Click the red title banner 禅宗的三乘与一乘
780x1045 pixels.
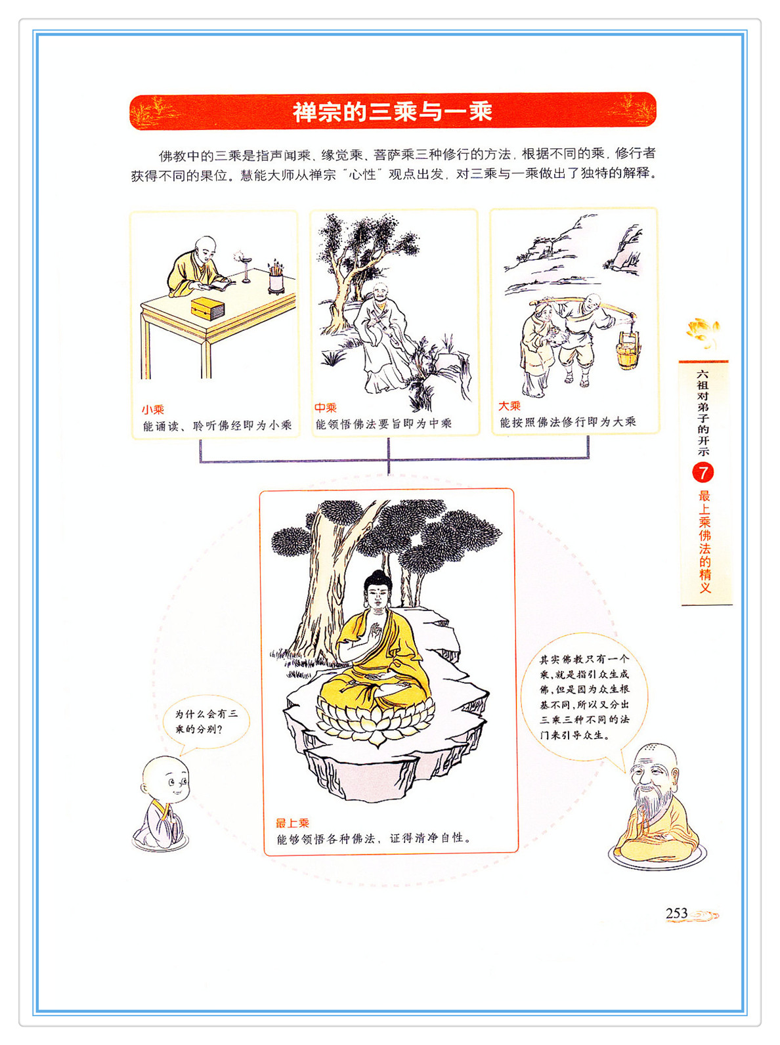click(x=393, y=111)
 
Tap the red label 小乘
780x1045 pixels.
click(x=152, y=410)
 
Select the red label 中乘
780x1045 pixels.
click(x=325, y=408)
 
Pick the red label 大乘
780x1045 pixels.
click(x=509, y=406)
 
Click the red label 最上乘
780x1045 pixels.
click(x=292, y=823)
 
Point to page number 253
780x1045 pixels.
click(x=677, y=913)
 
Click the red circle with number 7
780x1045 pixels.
click(x=703, y=473)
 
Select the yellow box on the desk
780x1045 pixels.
click(x=207, y=308)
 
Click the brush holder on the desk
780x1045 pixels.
click(x=276, y=278)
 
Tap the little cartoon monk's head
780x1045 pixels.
click(x=165, y=780)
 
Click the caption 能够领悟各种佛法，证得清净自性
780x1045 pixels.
click(x=374, y=838)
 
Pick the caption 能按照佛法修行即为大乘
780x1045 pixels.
click(x=568, y=422)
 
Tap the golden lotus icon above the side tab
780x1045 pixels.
click(x=703, y=331)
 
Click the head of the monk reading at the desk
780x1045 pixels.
click(x=206, y=247)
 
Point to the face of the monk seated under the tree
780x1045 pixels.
click(x=380, y=293)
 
